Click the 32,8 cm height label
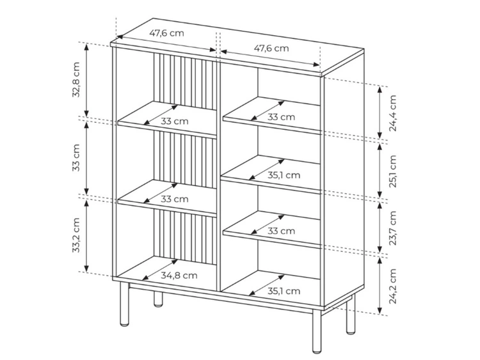pos(76,80)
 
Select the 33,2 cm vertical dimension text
pos(76,235)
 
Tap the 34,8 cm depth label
pos(179,276)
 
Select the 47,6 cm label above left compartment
pos(167,33)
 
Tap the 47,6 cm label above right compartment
pos(271,47)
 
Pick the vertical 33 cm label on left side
pos(76,157)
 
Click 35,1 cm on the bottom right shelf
pos(283,291)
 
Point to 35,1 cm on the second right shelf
pos(283,175)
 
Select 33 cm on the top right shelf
pos(282,117)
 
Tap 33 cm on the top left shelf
pos(175,121)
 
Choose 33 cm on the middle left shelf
pos(175,199)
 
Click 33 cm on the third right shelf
pos(282,231)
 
